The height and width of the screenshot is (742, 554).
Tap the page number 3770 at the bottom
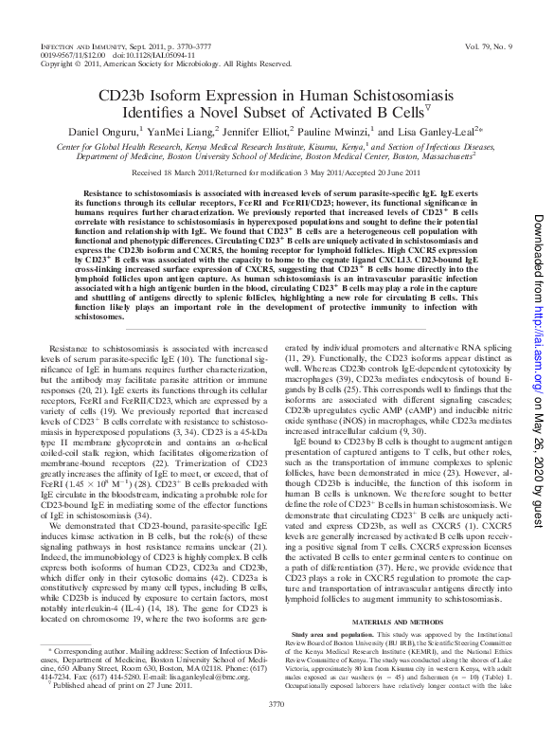(x=277, y=730)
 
